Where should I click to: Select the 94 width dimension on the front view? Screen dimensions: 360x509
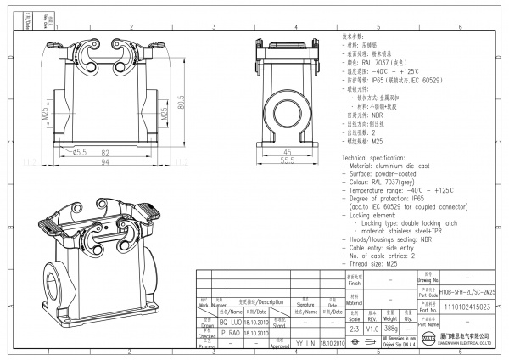click(x=105, y=160)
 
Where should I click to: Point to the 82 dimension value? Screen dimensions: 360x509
click(x=105, y=151)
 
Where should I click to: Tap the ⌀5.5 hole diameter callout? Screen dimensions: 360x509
click(x=79, y=152)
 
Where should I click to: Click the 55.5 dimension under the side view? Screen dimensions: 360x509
click(x=288, y=160)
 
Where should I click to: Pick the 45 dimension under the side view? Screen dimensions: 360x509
click(x=288, y=151)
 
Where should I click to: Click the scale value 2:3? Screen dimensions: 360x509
click(x=353, y=327)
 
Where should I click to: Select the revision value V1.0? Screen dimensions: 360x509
click(x=371, y=327)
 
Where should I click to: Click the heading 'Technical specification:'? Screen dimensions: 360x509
click(x=379, y=159)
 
